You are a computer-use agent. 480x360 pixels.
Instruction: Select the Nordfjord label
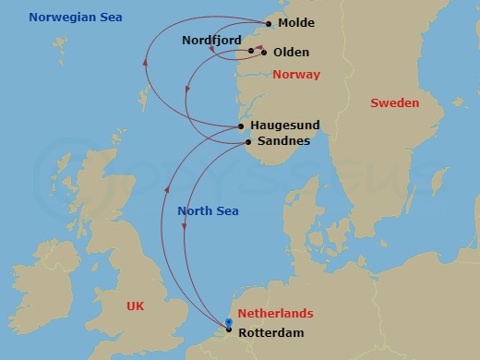(211, 41)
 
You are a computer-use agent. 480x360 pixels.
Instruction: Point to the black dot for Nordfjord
(251, 51)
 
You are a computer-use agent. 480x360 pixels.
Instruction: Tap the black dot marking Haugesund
(241, 126)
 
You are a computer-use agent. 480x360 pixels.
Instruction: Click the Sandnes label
(283, 141)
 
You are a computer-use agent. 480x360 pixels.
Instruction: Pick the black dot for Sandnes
(248, 141)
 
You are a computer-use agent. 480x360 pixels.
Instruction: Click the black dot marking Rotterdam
(229, 330)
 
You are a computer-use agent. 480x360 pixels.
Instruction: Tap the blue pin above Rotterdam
(229, 321)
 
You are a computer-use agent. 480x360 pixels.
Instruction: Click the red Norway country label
(296, 74)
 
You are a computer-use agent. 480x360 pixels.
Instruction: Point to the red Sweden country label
(394, 103)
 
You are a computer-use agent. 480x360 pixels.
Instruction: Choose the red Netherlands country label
(276, 314)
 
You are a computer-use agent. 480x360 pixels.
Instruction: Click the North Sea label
(208, 211)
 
